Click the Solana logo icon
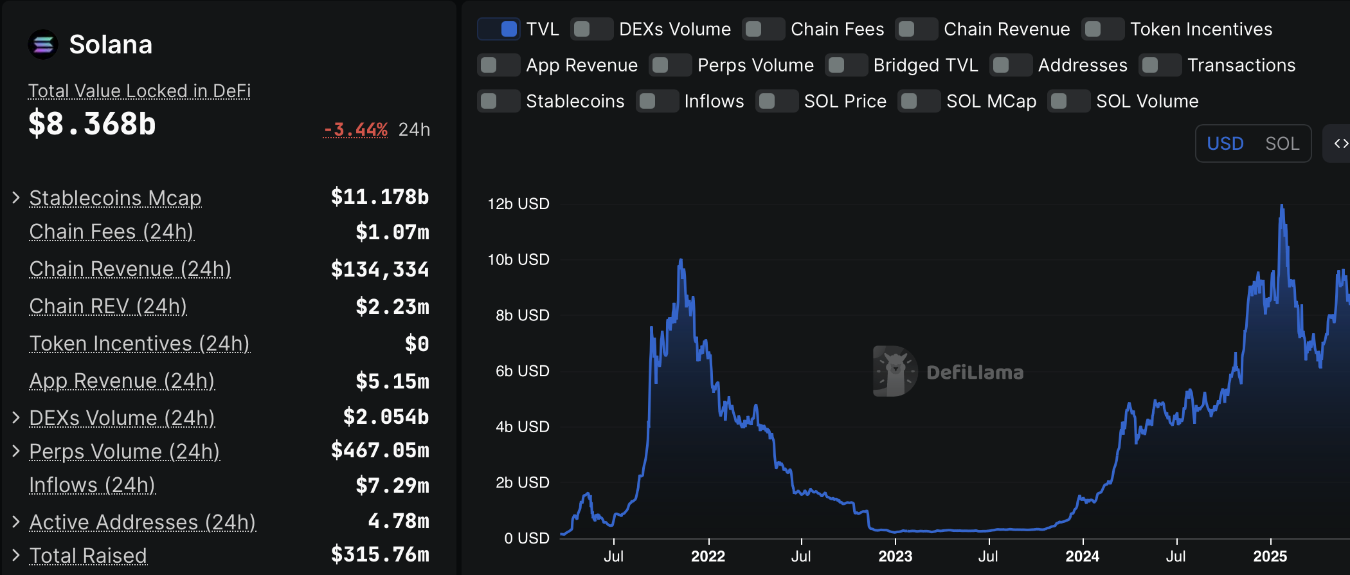pyautogui.click(x=43, y=44)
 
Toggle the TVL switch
pyautogui.click(x=499, y=30)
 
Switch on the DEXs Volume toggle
pyautogui.click(x=591, y=30)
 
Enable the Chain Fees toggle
pyautogui.click(x=763, y=30)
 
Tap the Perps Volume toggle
pyautogui.click(x=670, y=66)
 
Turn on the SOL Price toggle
pyautogui.click(x=777, y=102)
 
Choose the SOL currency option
pyautogui.click(x=1282, y=143)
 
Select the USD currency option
pyautogui.click(x=1225, y=143)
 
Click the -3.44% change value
pyautogui.click(x=355, y=130)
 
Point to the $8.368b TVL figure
pyautogui.click(x=92, y=123)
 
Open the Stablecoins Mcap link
pyautogui.click(x=115, y=198)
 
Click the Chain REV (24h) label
pyautogui.click(x=108, y=306)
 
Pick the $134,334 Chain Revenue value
pyautogui.click(x=379, y=269)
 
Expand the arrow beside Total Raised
pyautogui.click(x=16, y=555)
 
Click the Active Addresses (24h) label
pyautogui.click(x=143, y=522)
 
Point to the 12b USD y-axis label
pyautogui.click(x=518, y=204)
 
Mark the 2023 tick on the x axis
pyautogui.click(x=895, y=556)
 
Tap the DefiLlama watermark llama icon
pyautogui.click(x=895, y=371)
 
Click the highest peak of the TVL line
pyautogui.click(x=1282, y=206)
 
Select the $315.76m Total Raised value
pyautogui.click(x=379, y=554)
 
